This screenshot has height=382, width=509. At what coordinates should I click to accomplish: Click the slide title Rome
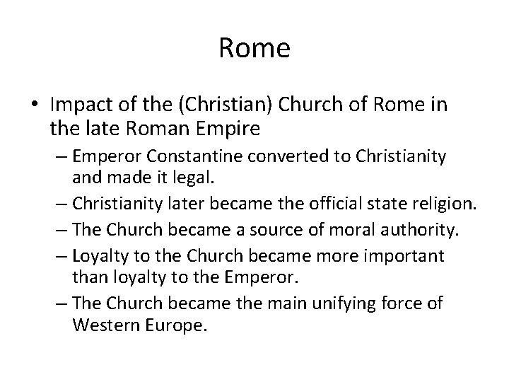click(255, 49)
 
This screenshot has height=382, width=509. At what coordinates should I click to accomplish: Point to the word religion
click(443, 204)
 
